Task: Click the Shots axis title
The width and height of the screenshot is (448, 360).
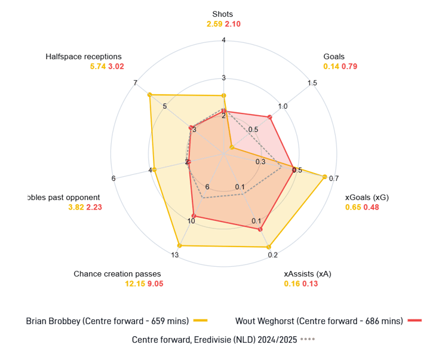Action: click(223, 14)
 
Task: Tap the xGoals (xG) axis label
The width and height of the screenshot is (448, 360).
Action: click(362, 197)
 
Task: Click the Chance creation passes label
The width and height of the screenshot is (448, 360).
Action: click(118, 274)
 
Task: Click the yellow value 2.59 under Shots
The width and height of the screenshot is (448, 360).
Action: click(214, 24)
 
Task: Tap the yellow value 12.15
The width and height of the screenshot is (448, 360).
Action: click(134, 284)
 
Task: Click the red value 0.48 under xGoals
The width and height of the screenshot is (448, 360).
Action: click(370, 207)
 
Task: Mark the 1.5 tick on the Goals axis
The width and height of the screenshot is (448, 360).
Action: click(312, 83)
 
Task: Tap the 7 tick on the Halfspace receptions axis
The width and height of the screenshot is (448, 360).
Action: click(136, 82)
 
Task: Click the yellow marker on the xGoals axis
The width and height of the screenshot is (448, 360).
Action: click(324, 177)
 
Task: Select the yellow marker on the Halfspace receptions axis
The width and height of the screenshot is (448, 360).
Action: click(149, 94)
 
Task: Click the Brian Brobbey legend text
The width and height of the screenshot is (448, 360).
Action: click(108, 321)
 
